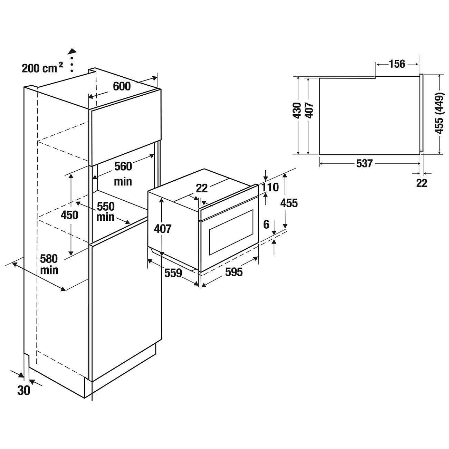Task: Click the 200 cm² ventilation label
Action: coord(42,68)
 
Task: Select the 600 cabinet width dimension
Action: coord(122,86)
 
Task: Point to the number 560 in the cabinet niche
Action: coord(123,166)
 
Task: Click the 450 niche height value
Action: coord(69,215)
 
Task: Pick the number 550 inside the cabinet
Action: coord(106,207)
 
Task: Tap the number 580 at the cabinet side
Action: coord(49,259)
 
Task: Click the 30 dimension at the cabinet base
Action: coord(24,390)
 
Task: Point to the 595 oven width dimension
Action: coord(234,272)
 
